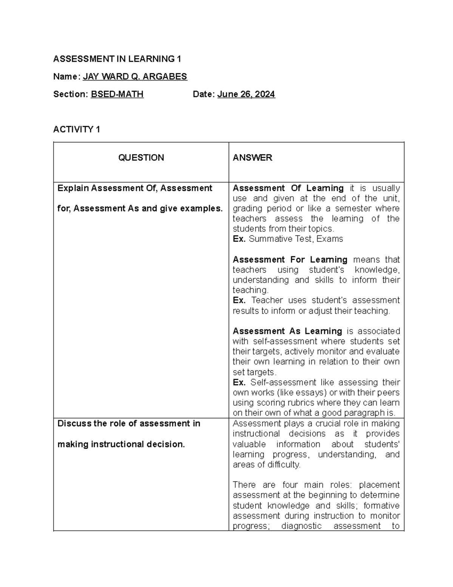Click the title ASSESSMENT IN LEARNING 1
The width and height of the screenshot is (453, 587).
coord(117,59)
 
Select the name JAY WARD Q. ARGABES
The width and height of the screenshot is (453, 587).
coord(135,77)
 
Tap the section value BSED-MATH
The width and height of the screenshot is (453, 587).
coord(117,94)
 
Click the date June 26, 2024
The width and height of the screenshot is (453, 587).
coord(246,94)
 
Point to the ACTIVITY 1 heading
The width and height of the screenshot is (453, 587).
coord(77,130)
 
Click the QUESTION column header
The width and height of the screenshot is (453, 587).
coord(141,158)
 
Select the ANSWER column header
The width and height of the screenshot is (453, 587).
coord(252,158)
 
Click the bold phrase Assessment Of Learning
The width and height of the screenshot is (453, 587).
coord(288,188)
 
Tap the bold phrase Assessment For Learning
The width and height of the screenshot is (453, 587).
coord(290,260)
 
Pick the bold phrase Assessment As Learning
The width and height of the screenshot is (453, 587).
coord(287,331)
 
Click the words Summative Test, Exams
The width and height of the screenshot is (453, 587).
coord(296,239)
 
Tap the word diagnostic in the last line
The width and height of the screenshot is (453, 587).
coord(301,526)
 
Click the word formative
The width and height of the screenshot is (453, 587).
coord(381,506)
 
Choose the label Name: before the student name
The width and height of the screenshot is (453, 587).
coord(66,77)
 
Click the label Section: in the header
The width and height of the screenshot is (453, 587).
coord(71,94)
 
